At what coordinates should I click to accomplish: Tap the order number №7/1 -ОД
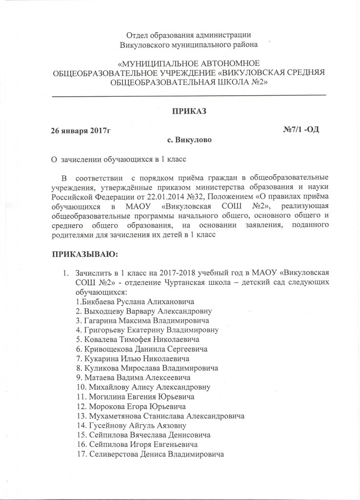tap(301, 130)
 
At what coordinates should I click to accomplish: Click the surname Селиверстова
tap(114, 454)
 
